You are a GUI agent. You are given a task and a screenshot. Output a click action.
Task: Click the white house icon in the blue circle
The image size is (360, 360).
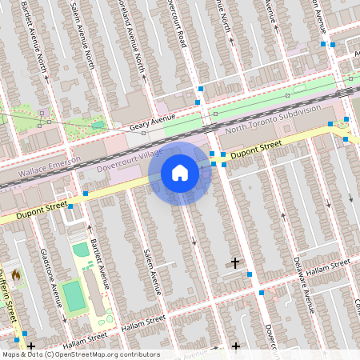(x=180, y=173)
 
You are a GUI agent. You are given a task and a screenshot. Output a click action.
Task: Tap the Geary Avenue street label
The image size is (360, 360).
(x=152, y=121)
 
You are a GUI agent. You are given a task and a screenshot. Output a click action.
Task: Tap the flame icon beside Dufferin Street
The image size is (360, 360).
(x=14, y=274)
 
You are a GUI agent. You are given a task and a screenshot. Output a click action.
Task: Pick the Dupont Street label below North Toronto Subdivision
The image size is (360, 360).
(x=256, y=149)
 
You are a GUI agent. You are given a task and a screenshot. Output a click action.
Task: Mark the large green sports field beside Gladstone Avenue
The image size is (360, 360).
(x=73, y=295)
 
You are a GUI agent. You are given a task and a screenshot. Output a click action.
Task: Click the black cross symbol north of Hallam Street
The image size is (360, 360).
(x=235, y=262)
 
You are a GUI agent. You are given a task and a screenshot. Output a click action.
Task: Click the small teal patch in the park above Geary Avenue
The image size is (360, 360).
(x=98, y=124)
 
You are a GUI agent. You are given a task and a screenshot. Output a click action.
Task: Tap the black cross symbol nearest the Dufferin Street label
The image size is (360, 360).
(x=31, y=346)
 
